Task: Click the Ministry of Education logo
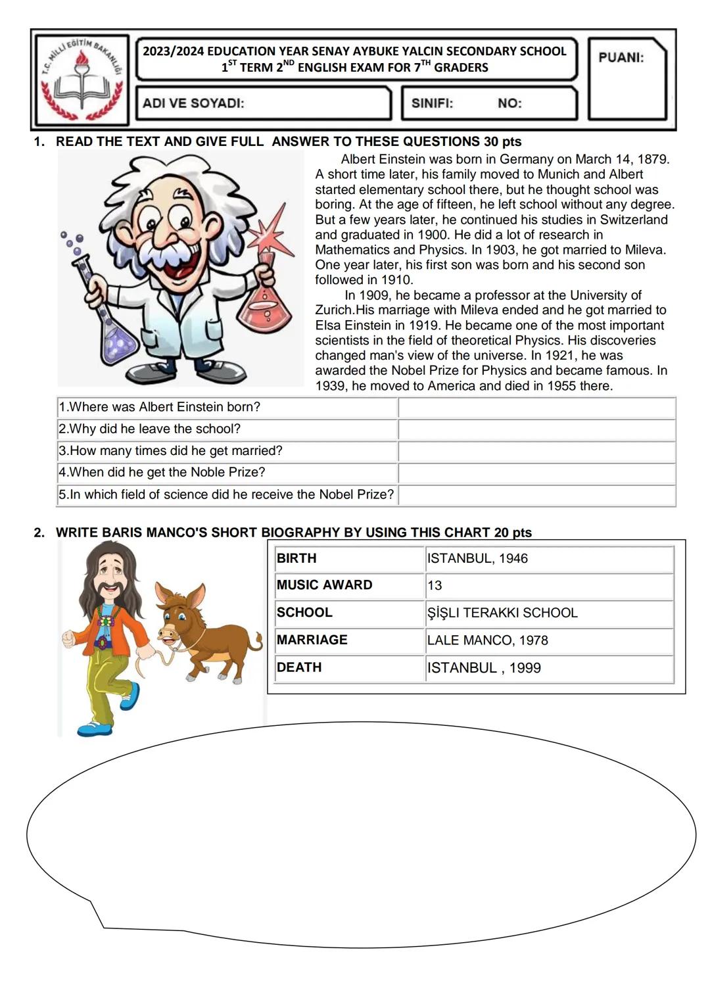click(81, 80)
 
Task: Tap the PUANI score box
click(627, 80)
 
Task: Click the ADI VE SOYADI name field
click(263, 103)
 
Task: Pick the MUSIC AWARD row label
click(325, 585)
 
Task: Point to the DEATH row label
click(299, 667)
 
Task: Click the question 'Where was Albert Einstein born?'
click(160, 407)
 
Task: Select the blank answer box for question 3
click(536, 452)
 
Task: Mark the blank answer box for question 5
click(536, 495)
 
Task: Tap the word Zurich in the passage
click(335, 310)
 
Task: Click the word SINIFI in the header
click(432, 103)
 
